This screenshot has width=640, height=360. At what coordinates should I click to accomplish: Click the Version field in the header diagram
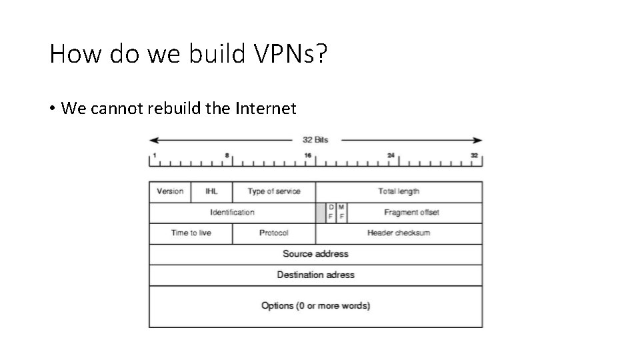coord(170,191)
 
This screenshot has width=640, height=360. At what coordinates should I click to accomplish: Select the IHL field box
coord(211,191)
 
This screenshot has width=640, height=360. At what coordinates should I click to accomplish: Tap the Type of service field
coord(274,191)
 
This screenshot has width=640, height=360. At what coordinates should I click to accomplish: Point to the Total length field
coord(399,191)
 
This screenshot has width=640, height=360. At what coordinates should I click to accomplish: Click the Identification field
coord(232,213)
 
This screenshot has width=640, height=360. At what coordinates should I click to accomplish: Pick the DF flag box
coord(331,213)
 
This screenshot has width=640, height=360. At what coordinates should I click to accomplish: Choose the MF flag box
coord(341,213)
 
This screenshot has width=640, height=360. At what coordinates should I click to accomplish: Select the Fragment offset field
coord(411,213)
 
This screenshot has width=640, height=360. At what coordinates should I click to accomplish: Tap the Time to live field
coord(191,233)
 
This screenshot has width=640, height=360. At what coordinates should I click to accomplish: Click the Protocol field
coord(274,233)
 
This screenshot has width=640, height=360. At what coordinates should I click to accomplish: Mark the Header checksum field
coord(399,233)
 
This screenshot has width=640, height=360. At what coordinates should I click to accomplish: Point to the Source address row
coord(315,254)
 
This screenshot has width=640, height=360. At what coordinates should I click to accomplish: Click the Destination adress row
coord(315,275)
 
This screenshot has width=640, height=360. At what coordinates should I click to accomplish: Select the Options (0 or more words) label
coord(315,306)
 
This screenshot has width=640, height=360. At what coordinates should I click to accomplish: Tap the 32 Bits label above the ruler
coord(315,140)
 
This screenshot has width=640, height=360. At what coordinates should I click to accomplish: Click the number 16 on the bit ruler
coord(308,155)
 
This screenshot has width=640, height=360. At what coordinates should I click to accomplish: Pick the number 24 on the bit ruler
coord(391,155)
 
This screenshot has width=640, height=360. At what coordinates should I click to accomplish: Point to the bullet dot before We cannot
coord(52,109)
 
